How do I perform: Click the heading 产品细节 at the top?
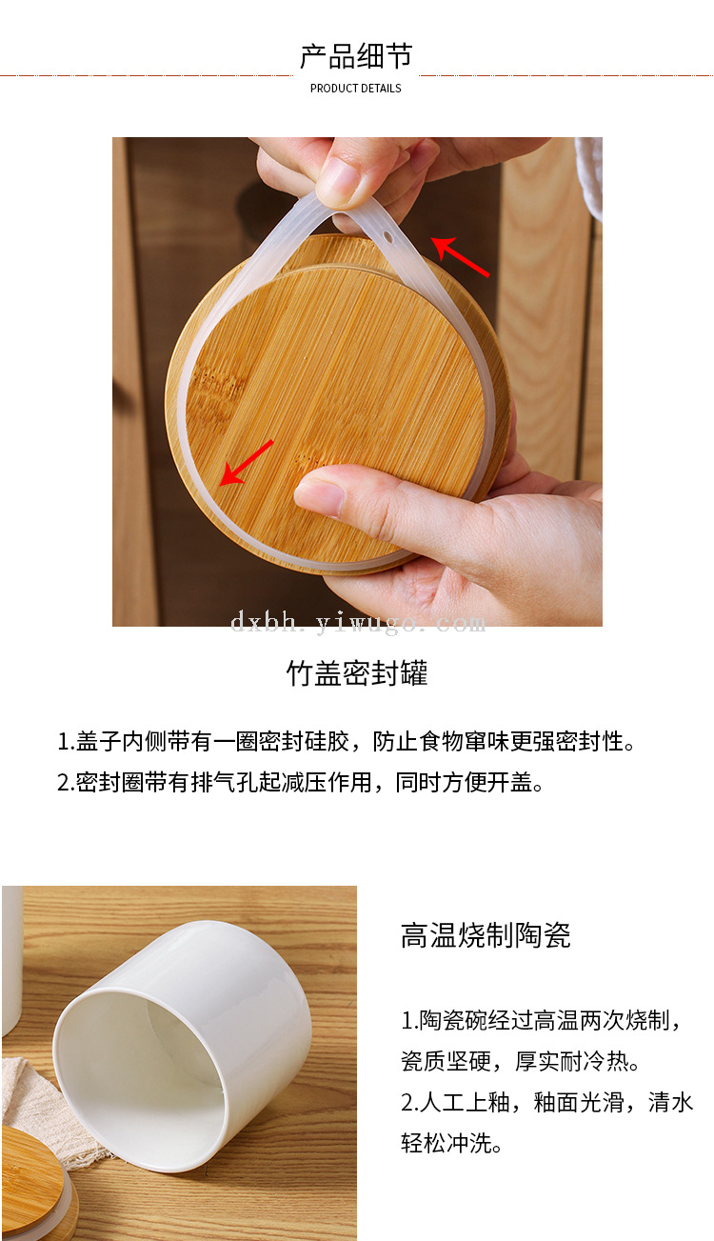(356, 56)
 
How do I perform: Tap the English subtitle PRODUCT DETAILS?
(356, 88)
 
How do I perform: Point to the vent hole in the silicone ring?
(387, 238)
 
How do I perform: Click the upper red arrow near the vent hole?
(460, 256)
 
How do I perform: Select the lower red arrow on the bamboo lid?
(247, 463)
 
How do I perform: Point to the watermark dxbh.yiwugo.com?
(358, 622)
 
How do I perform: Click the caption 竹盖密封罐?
(357, 673)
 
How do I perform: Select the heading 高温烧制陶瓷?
(486, 935)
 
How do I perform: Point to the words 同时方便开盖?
(464, 782)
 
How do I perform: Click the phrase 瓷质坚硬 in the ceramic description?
(446, 1061)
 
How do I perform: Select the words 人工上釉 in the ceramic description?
(465, 1102)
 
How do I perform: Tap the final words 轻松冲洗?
(446, 1142)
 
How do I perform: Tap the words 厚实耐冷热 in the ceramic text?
(571, 1061)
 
